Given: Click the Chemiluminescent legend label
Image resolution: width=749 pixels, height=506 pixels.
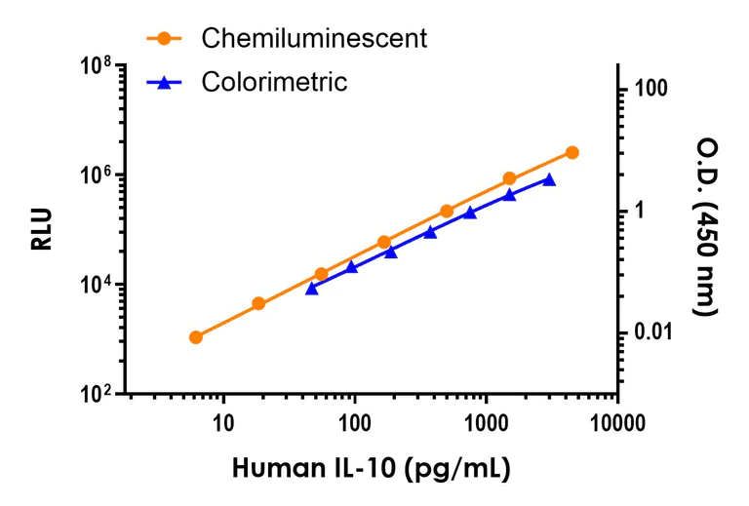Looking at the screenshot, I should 314,38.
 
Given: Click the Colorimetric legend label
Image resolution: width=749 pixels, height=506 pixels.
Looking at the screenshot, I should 274,82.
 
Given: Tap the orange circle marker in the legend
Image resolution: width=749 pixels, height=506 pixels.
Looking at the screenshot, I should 164,39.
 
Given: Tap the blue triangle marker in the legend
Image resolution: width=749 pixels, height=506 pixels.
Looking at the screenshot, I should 164,83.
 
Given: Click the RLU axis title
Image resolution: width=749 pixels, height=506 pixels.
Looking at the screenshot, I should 42,230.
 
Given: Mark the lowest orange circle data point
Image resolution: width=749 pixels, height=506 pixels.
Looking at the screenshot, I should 195,337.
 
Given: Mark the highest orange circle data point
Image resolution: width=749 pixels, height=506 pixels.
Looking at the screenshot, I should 572,152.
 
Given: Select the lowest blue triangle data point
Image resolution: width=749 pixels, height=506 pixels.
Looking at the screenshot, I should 312,289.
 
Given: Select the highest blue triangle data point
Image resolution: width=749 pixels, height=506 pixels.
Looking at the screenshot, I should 549,179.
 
